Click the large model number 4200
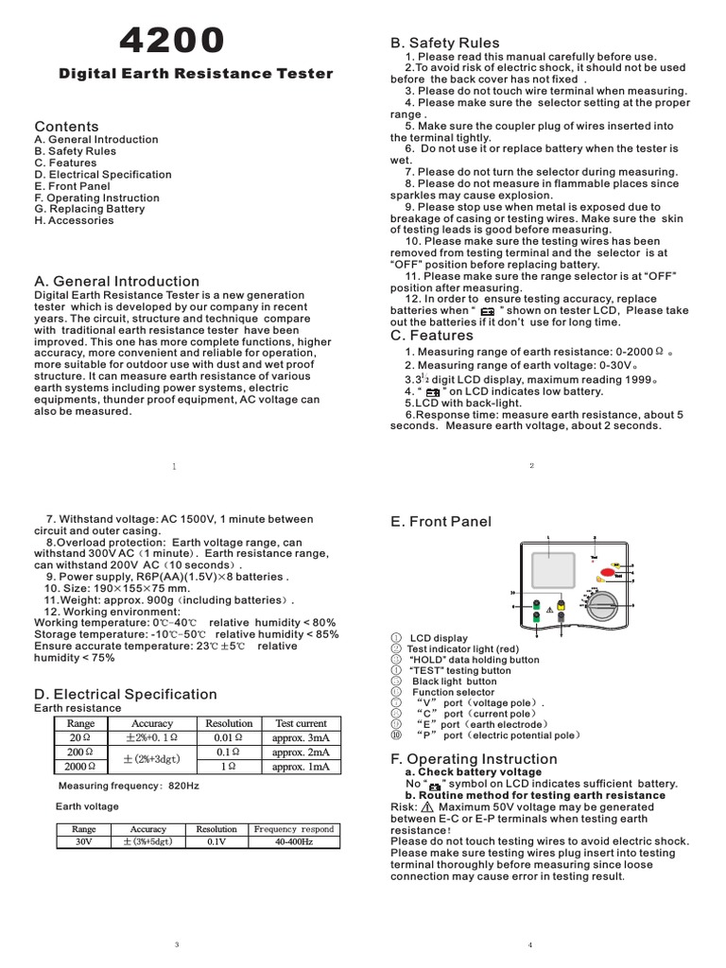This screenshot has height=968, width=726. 172,41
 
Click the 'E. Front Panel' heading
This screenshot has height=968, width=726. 441,522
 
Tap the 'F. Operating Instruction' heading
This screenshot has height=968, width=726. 473,759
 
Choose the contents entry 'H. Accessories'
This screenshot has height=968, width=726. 74,220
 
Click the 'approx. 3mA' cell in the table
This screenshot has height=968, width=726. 301,737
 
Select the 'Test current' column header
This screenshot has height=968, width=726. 301,723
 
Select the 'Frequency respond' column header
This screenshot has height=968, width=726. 294,828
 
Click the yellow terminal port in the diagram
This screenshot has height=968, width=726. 562,606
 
